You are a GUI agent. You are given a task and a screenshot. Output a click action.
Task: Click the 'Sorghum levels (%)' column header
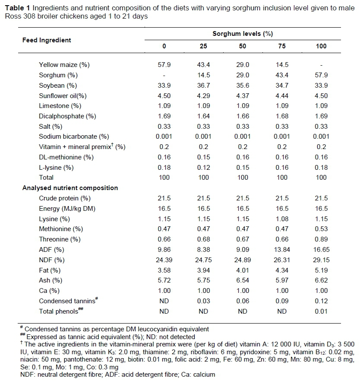(243, 33)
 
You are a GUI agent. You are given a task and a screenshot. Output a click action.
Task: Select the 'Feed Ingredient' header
(47, 40)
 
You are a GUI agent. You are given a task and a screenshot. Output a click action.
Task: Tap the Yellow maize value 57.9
(164, 65)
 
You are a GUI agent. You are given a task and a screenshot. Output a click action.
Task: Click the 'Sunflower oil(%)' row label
(63, 96)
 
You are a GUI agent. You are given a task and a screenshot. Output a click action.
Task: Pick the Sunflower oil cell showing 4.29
(203, 96)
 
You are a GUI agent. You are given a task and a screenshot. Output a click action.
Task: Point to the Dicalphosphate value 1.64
(203, 116)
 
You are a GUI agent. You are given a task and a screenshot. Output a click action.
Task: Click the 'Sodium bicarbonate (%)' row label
(74, 137)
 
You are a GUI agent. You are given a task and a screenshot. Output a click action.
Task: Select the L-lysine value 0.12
(203, 167)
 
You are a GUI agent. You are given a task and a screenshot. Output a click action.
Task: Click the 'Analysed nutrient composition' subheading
(70, 188)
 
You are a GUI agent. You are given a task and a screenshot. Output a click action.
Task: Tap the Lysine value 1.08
(282, 219)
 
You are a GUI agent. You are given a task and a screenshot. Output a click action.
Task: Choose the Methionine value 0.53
(321, 229)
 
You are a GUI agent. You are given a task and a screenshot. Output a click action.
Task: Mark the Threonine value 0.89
(321, 239)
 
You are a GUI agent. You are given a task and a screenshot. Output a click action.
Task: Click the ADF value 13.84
(282, 250)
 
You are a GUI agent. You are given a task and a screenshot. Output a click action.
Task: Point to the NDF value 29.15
(321, 260)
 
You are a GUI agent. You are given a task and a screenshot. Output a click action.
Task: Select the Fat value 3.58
(164, 270)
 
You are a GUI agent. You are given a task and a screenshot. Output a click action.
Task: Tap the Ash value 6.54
(243, 280)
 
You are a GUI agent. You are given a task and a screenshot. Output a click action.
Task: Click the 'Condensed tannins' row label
(66, 301)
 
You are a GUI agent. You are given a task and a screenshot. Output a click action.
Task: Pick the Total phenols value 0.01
(321, 311)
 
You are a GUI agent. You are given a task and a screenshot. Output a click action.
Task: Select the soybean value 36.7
(203, 86)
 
